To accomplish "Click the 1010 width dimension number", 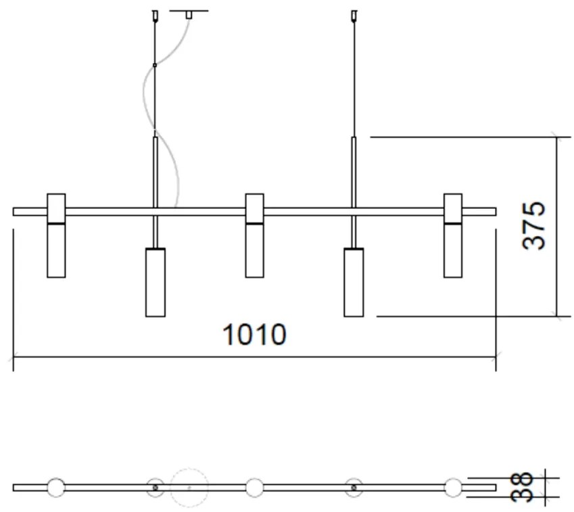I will pos(254,335).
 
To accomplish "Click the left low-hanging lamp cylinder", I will pos(156,282).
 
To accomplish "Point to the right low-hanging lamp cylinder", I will pos(354,282).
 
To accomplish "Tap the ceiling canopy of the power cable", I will pos(189,13).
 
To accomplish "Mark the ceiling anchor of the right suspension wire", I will pos(354,14).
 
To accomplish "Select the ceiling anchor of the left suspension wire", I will pos(156,14).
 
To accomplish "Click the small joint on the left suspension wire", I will pos(156,66).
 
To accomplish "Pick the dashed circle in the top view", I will pos(189,487).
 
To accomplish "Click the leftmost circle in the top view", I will pos(56,487).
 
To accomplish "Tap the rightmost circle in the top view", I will pos(453,487).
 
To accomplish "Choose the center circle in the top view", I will pos(254,487).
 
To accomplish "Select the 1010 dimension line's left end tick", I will pos(14,357).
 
